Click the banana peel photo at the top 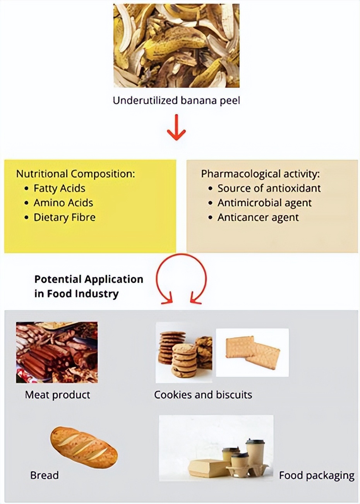click(176, 46)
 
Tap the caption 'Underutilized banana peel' click(176, 101)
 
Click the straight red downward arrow click(176, 128)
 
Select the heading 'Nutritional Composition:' click(75, 173)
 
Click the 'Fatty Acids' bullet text click(59, 189)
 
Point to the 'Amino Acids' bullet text click(63, 203)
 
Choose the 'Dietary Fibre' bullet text click(64, 217)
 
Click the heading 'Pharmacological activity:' click(261, 173)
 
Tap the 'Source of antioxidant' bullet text click(269, 189)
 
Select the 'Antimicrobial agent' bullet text click(264, 203)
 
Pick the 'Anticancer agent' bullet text click(258, 217)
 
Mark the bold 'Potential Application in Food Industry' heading click(89, 286)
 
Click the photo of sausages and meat click(57, 352)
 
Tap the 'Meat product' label click(57, 395)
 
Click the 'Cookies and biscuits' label click(203, 395)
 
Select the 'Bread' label click(45, 475)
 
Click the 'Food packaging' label click(317, 475)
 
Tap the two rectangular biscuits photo click(252, 352)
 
